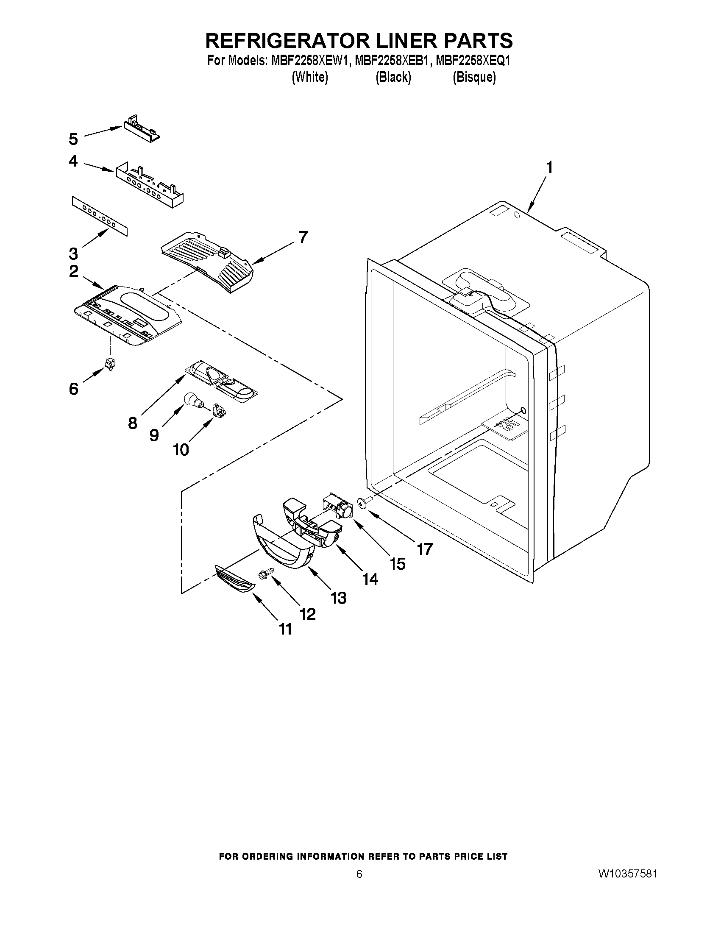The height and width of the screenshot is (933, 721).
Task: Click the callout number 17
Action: (x=425, y=549)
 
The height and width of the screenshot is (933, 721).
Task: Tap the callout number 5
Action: (x=73, y=139)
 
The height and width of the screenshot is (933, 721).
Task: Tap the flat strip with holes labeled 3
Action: (x=100, y=216)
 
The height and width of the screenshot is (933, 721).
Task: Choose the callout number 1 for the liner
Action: (x=549, y=167)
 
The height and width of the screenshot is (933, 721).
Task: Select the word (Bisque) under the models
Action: (x=474, y=77)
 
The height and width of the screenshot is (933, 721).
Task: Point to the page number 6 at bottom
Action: (x=359, y=885)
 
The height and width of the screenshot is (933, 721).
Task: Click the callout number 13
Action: (x=339, y=598)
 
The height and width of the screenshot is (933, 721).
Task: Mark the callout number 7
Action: (x=303, y=237)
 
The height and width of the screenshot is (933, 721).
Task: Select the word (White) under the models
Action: (x=310, y=77)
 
